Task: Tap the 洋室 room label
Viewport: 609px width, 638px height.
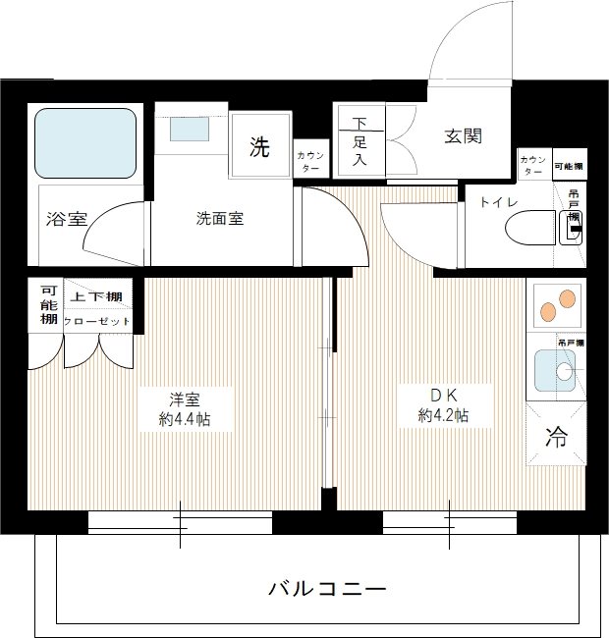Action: pyautogui.click(x=186, y=399)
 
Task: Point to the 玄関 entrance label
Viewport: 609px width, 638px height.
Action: pyautogui.click(x=463, y=136)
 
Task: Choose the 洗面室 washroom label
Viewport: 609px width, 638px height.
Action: pyautogui.click(x=219, y=219)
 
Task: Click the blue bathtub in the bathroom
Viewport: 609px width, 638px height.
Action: pyautogui.click(x=85, y=142)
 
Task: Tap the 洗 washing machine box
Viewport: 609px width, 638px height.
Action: pyautogui.click(x=259, y=147)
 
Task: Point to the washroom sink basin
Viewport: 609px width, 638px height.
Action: pyautogui.click(x=191, y=129)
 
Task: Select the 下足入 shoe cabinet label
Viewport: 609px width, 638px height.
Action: pyautogui.click(x=360, y=141)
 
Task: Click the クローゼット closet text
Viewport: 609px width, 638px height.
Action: pyautogui.click(x=96, y=321)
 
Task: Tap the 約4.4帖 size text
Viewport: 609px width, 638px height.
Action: pyautogui.click(x=186, y=419)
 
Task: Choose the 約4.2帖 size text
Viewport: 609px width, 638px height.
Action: pyautogui.click(x=442, y=416)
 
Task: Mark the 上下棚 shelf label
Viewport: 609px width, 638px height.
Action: pyautogui.click(x=96, y=296)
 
